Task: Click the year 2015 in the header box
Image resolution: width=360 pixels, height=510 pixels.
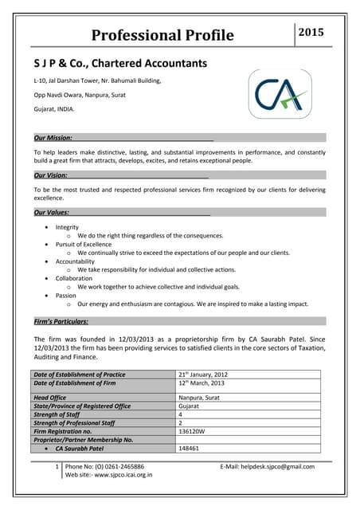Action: pyautogui.click(x=311, y=33)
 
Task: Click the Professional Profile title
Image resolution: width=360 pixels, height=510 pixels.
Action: pyautogui.click(x=162, y=35)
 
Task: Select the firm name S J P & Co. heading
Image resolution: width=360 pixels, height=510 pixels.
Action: pyautogui.click(x=119, y=63)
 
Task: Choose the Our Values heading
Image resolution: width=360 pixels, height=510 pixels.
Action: pyautogui.click(x=51, y=213)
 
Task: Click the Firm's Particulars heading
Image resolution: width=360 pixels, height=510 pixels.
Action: pyautogui.click(x=61, y=321)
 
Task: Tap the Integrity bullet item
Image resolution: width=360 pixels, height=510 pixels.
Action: pyautogui.click(x=67, y=227)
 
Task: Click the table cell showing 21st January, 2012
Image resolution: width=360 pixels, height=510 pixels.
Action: pyautogui.click(x=203, y=374)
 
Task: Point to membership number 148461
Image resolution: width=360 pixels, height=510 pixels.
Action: pyautogui.click(x=190, y=449)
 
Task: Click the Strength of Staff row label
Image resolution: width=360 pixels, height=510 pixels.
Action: pyautogui.click(x=63, y=414)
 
